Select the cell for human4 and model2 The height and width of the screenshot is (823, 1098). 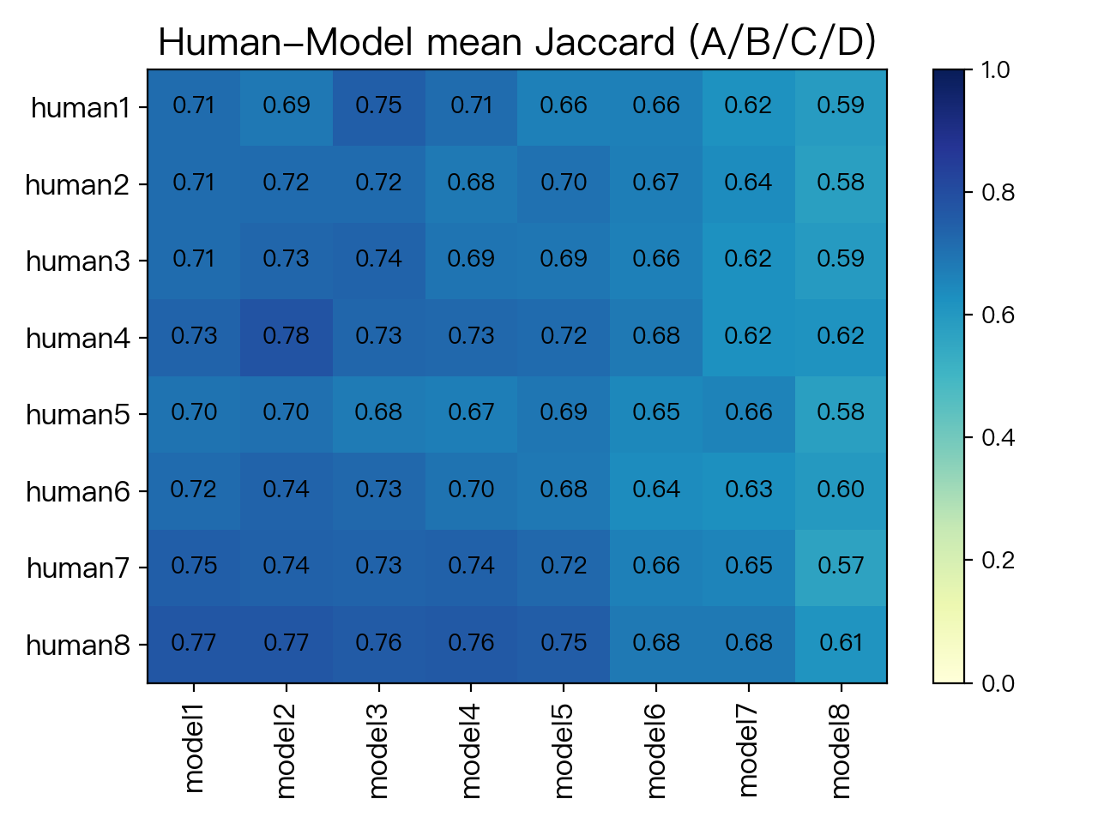click(x=287, y=337)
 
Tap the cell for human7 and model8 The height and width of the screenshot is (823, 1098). click(x=841, y=568)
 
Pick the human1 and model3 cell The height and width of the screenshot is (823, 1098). click(x=378, y=107)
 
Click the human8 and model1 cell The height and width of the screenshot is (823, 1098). click(x=194, y=645)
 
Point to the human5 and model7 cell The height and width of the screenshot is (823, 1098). click(x=748, y=414)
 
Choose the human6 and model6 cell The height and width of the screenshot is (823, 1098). click(x=656, y=491)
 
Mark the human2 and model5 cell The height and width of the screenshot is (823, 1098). click(x=564, y=184)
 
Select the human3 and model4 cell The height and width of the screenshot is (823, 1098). click(x=471, y=261)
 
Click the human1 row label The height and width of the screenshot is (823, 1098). click(x=81, y=108)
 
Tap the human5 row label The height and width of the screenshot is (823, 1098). click(x=78, y=415)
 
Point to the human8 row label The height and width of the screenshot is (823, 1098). click(x=78, y=645)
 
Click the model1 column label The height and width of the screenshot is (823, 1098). click(x=194, y=748)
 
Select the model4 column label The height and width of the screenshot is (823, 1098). click(x=471, y=751)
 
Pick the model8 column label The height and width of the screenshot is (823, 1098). click(x=841, y=751)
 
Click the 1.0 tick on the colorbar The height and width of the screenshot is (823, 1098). click(x=995, y=70)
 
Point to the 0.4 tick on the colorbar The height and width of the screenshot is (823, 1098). click(x=998, y=438)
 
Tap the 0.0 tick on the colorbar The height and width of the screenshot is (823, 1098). click(x=998, y=683)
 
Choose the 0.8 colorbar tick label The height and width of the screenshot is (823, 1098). click(x=998, y=192)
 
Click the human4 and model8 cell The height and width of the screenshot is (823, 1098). click(x=841, y=337)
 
